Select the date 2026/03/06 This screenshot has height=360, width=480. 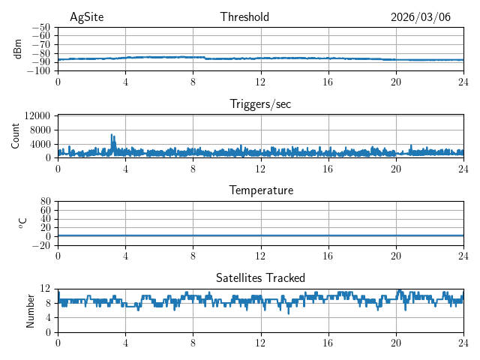click(421, 17)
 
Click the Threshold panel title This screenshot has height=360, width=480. click(244, 17)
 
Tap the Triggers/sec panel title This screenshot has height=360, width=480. click(260, 104)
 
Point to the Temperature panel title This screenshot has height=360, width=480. click(260, 190)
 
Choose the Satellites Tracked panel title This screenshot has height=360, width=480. click(260, 278)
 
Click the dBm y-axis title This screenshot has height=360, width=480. click(18, 49)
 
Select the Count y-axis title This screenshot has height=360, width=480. click(16, 136)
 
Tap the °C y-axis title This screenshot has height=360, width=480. click(22, 223)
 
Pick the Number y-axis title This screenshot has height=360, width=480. click(31, 310)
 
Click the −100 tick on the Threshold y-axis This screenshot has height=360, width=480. click(40, 71)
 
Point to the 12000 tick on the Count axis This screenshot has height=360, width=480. click(37, 116)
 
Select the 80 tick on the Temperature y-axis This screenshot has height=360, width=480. click(45, 202)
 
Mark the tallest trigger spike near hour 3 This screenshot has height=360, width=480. click(112, 135)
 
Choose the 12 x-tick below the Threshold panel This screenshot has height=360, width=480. click(260, 81)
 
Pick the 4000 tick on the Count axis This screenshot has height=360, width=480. click(40, 144)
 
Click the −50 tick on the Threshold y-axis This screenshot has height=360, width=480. click(42, 27)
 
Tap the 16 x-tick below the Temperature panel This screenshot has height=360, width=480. click(328, 256)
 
